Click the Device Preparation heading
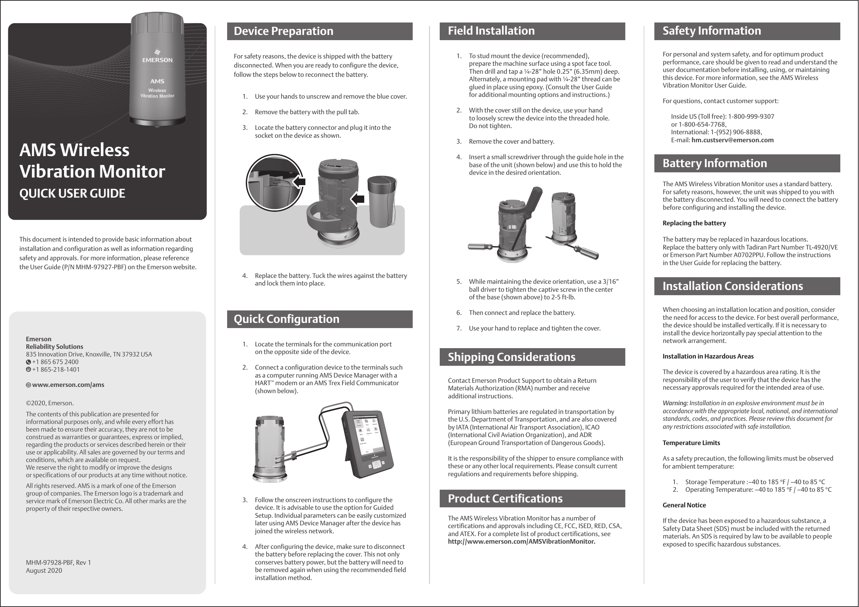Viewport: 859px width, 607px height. point(283,31)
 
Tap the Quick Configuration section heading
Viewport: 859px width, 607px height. point(286,319)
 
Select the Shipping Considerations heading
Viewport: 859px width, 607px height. point(511,357)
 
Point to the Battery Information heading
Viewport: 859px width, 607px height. point(714,163)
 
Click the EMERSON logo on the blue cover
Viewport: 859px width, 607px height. point(157,57)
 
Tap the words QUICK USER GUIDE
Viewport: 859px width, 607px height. point(72,193)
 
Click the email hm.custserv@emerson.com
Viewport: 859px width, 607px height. point(732,140)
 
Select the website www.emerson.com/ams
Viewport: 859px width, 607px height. point(68,385)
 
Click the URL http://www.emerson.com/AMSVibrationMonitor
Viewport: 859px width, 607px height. point(521,542)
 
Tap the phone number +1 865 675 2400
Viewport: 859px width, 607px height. point(55,362)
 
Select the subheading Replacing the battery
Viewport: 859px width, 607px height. point(694,223)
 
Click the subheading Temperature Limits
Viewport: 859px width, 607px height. point(691,443)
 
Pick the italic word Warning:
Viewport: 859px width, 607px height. point(675,403)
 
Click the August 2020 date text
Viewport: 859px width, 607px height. point(44,571)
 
